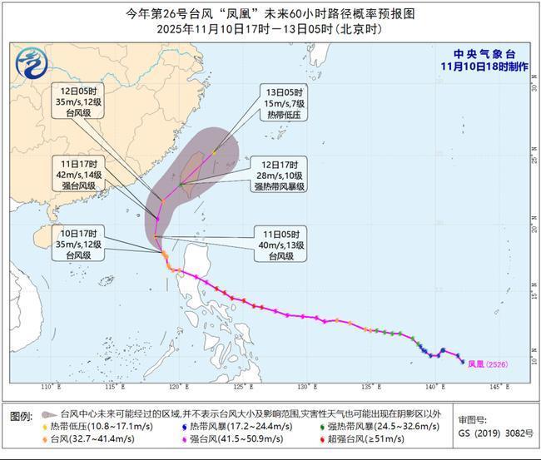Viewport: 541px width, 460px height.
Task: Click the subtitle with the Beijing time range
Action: (270, 29)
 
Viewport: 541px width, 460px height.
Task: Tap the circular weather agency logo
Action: (31, 61)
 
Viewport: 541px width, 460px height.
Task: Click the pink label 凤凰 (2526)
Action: (488, 364)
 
